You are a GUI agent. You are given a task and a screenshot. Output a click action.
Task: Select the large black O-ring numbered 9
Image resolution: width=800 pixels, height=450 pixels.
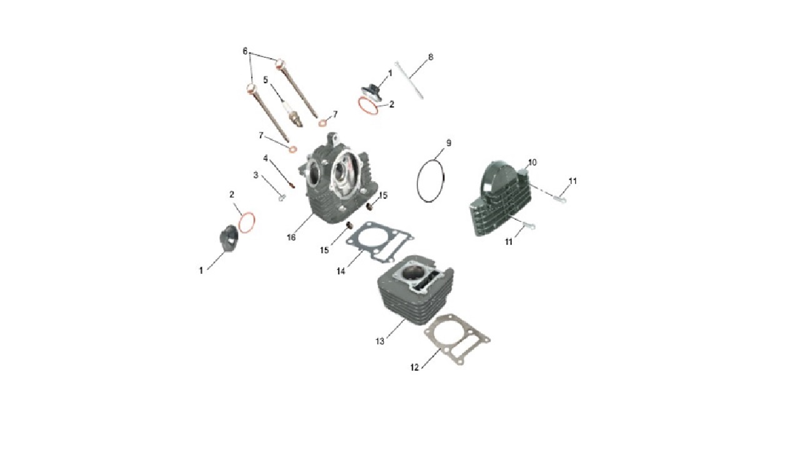click(418, 182)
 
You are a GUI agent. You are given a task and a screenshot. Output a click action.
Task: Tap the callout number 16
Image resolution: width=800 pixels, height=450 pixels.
click(291, 237)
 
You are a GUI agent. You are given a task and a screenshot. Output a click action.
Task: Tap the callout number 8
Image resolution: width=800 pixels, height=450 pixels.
click(431, 57)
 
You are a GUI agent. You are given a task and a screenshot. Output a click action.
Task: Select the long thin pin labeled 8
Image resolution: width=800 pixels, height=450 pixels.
click(409, 80)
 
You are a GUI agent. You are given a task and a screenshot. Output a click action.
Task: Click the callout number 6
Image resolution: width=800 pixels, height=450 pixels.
click(245, 51)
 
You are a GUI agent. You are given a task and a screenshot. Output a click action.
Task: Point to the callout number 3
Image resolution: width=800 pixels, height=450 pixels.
click(256, 176)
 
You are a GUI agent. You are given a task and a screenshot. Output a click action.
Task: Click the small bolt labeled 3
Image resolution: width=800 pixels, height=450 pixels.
click(282, 197)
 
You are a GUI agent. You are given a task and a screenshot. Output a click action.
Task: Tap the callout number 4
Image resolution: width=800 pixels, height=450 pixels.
click(266, 158)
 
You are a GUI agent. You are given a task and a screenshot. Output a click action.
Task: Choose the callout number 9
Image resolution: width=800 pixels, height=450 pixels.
click(449, 143)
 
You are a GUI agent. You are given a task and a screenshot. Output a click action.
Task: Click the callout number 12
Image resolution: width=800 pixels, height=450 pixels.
click(414, 367)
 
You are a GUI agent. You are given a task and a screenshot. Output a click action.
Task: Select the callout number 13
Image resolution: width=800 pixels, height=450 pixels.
click(380, 341)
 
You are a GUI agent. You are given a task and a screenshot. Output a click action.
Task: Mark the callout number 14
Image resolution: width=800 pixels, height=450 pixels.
click(341, 271)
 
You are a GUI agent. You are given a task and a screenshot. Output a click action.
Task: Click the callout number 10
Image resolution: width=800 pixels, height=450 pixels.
click(532, 162)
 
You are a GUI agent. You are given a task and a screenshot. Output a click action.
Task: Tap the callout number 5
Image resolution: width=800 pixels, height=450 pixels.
click(266, 80)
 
